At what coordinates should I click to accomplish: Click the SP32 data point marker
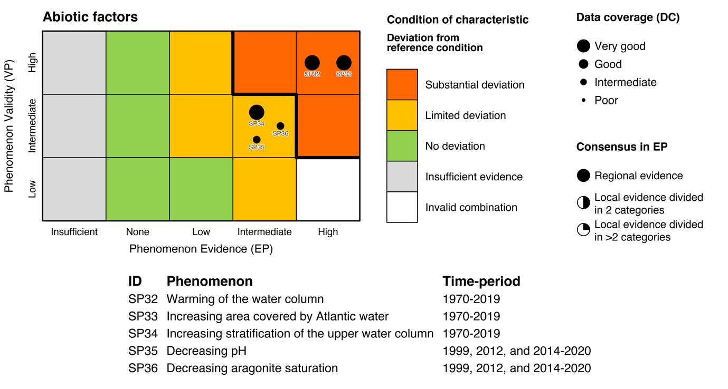pyautogui.click(x=312, y=63)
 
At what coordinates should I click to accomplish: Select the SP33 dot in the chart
pyautogui.click(x=344, y=63)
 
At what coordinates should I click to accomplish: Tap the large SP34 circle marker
pyautogui.click(x=257, y=112)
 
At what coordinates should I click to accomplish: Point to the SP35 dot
pyautogui.click(x=257, y=140)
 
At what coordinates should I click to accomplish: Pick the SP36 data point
pyautogui.click(x=280, y=126)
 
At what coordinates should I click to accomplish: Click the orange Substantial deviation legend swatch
pyautogui.click(x=402, y=84)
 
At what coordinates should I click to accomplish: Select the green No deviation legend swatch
pyautogui.click(x=402, y=146)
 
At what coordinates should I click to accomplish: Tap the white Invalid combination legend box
pyautogui.click(x=402, y=207)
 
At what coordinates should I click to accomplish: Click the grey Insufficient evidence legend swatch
pyautogui.click(x=402, y=177)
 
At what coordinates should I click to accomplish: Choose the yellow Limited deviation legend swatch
pyautogui.click(x=402, y=115)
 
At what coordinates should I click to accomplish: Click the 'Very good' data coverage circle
pyautogui.click(x=583, y=46)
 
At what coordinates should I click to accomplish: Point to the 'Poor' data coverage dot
pyautogui.click(x=583, y=100)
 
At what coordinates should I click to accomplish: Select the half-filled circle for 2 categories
pyautogui.click(x=583, y=202)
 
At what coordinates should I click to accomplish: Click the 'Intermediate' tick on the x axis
pyautogui.click(x=264, y=232)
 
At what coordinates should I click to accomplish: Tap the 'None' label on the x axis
pyautogui.click(x=138, y=232)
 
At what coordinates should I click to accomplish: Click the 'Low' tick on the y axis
pyautogui.click(x=33, y=189)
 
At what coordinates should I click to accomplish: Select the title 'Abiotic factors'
pyautogui.click(x=90, y=17)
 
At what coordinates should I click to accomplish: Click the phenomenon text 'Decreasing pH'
pyautogui.click(x=206, y=351)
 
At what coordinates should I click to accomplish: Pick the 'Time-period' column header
pyautogui.click(x=481, y=281)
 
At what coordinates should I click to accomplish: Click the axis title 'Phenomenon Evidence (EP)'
pyautogui.click(x=201, y=249)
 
